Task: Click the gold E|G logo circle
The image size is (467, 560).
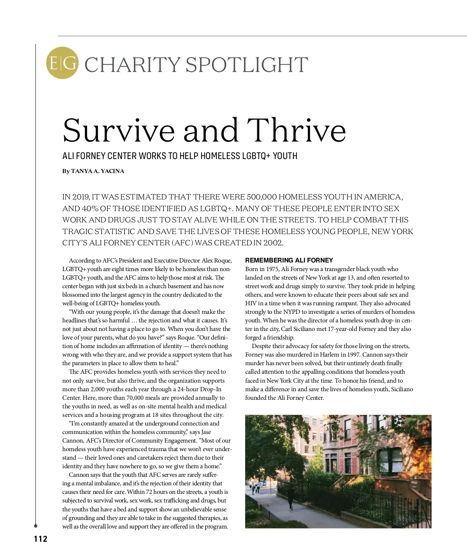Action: tap(62, 63)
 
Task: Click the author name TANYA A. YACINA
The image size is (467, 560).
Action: tap(98, 171)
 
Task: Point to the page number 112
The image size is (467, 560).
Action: tap(40, 539)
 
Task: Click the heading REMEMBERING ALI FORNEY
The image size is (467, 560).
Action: tap(289, 260)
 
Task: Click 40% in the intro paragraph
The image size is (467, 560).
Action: tap(90, 208)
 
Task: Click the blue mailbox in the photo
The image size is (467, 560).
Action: tap(264, 484)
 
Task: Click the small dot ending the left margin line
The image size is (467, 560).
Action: tap(36, 526)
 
